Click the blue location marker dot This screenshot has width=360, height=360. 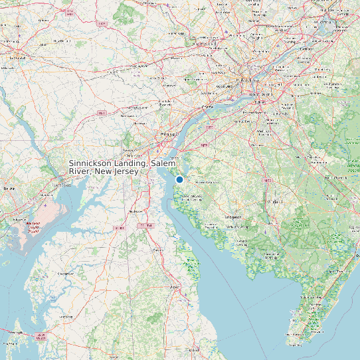click(x=179, y=179)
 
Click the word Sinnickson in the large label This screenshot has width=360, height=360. click(x=92, y=163)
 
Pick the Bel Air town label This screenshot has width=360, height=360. click(x=9, y=189)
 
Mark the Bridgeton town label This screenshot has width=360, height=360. click(x=233, y=217)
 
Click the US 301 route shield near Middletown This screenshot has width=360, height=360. click(x=120, y=228)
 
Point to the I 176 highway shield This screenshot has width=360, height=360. click(x=102, y=25)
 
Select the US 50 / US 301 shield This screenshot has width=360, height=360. click(x=41, y=337)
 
